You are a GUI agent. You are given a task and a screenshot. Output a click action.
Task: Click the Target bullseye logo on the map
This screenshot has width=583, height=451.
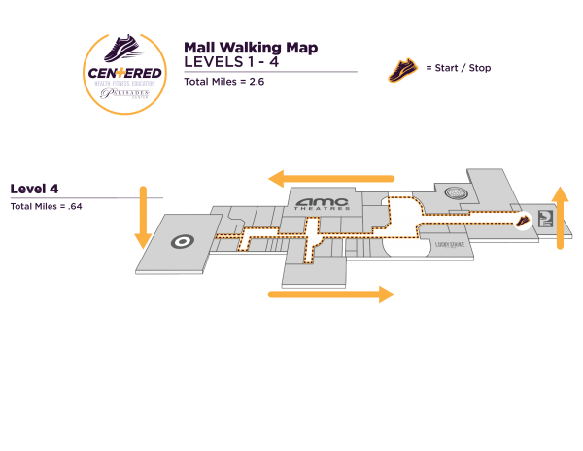pyautogui.click(x=182, y=240)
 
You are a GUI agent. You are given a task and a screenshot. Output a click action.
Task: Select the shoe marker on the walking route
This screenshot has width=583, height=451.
pyautogui.click(x=523, y=221)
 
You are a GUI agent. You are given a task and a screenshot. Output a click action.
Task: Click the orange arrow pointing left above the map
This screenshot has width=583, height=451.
pyautogui.click(x=331, y=179)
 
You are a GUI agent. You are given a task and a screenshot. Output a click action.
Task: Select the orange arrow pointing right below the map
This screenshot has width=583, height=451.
pyautogui.click(x=331, y=294)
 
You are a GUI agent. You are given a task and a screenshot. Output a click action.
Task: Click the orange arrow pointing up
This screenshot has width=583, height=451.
pyautogui.click(x=560, y=216)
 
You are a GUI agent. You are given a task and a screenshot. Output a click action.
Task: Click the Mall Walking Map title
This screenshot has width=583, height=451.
pyautogui.click(x=251, y=47)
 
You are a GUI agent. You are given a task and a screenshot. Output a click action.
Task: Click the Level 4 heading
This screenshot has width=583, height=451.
pyautogui.click(x=35, y=188)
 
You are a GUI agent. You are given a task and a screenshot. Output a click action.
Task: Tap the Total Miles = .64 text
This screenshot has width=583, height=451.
pyautogui.click(x=46, y=206)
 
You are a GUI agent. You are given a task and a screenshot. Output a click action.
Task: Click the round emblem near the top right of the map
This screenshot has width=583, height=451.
pyautogui.click(x=455, y=194)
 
